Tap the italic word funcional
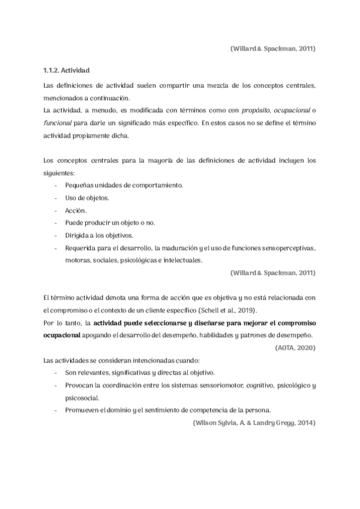coord(58,122)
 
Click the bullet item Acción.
coord(76,211)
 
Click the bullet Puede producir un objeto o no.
coord(110,223)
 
